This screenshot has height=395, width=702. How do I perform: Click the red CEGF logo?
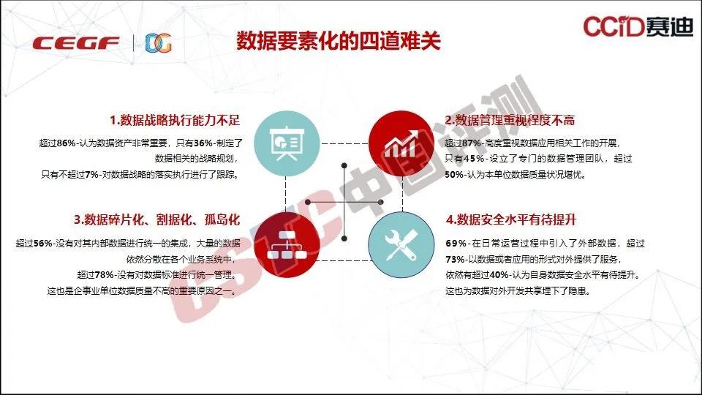[x=76, y=43]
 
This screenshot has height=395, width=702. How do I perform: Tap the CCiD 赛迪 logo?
[x=638, y=26]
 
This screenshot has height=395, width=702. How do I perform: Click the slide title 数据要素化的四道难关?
[x=339, y=41]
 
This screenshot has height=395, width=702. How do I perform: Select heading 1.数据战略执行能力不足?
[x=175, y=120]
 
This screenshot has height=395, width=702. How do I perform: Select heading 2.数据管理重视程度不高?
[x=510, y=120]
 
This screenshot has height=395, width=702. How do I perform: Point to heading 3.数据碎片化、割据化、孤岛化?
[x=156, y=219]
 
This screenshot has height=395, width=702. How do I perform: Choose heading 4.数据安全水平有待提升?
[x=511, y=219]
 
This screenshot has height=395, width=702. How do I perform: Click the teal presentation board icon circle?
[x=287, y=143]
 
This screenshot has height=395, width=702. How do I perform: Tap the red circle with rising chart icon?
[x=401, y=143]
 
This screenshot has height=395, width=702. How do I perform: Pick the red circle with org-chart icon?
[x=287, y=245]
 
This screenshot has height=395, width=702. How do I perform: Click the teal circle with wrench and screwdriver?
[x=401, y=245]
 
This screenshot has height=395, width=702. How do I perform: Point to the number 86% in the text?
[x=67, y=143]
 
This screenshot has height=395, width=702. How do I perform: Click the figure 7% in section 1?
[x=91, y=175]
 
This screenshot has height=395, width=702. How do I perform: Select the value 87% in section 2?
[x=472, y=143]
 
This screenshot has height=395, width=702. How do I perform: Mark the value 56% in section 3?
[x=43, y=244]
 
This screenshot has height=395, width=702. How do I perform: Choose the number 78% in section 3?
[x=105, y=275]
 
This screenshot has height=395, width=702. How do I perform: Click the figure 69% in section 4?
[x=456, y=244]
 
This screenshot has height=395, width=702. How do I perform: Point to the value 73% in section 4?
[x=455, y=259]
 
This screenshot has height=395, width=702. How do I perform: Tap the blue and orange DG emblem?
[x=159, y=43]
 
